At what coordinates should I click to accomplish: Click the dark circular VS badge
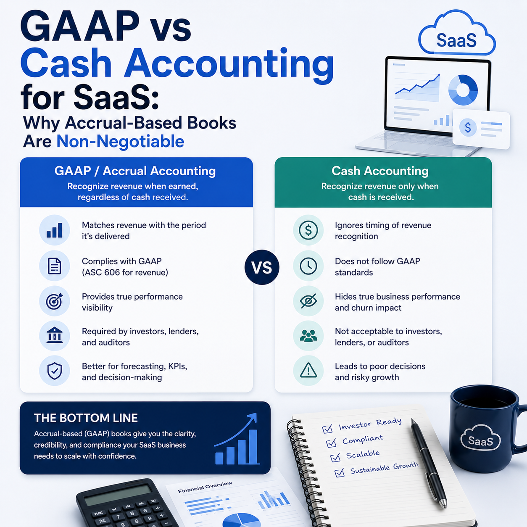click(x=262, y=267)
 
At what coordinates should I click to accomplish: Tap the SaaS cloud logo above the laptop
click(x=457, y=32)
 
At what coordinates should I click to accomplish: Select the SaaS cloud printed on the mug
click(x=480, y=438)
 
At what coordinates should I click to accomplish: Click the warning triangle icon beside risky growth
click(x=308, y=370)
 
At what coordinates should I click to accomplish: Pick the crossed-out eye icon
click(x=308, y=301)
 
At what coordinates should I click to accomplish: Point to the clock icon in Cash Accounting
click(x=308, y=266)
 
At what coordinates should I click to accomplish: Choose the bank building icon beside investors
click(x=54, y=335)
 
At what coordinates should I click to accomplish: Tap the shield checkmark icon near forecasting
click(x=54, y=371)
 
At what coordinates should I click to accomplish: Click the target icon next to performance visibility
click(x=54, y=301)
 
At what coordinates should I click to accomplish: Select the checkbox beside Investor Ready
click(x=327, y=429)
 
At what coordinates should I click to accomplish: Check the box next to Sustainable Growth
click(x=340, y=472)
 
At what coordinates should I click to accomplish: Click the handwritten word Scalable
click(x=363, y=454)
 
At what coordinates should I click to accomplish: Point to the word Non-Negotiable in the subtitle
click(x=120, y=141)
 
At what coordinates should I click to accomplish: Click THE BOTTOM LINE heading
click(x=86, y=418)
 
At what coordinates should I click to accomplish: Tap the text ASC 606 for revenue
click(x=125, y=272)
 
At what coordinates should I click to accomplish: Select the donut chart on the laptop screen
click(x=463, y=90)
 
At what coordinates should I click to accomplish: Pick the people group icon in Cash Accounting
click(x=308, y=335)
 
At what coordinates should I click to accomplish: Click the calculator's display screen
click(x=118, y=495)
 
